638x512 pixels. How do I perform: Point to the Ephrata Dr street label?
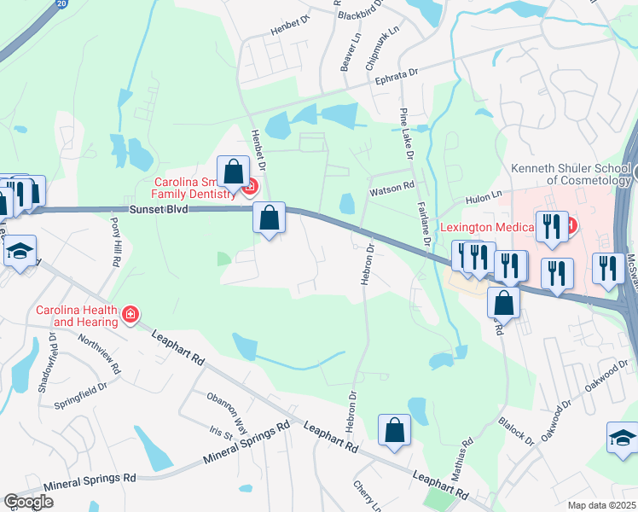398,77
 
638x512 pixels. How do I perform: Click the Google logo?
28,502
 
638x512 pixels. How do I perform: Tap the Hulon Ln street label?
482,198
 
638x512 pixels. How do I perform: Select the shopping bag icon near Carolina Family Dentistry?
233,172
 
